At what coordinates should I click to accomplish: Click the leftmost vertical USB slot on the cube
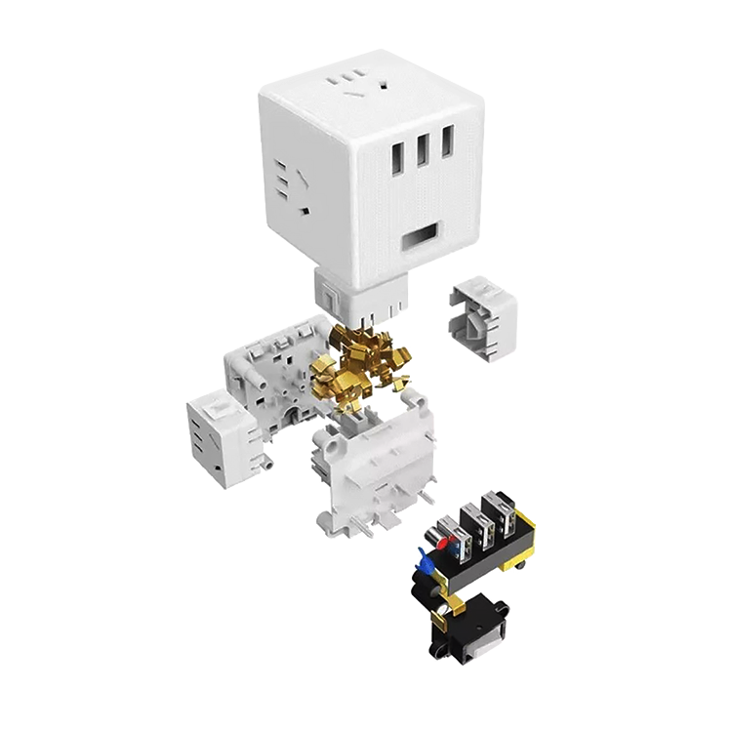point(398,154)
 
